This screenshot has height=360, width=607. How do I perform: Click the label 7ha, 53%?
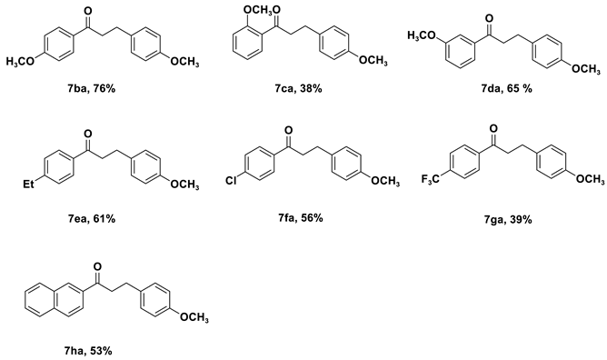click(88, 349)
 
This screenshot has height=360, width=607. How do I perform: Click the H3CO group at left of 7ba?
click(18, 62)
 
